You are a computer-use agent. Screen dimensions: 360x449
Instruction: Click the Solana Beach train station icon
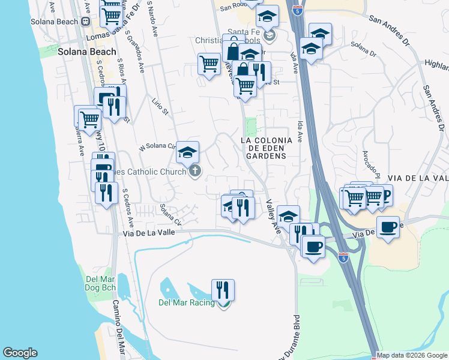pos(86,22)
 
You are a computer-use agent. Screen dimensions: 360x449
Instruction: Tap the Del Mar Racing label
pos(186,302)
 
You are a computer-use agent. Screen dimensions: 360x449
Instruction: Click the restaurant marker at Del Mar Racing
pos(223,290)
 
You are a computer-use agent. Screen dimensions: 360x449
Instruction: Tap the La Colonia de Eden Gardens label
pos(266,148)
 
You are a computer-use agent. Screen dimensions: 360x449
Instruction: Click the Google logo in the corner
pos(20,353)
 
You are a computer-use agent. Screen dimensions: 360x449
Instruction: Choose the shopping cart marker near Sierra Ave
pos(89,119)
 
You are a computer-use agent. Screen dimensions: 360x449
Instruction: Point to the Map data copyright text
pos(412,355)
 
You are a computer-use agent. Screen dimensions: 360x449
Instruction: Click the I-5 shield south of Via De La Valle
pos(343,258)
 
